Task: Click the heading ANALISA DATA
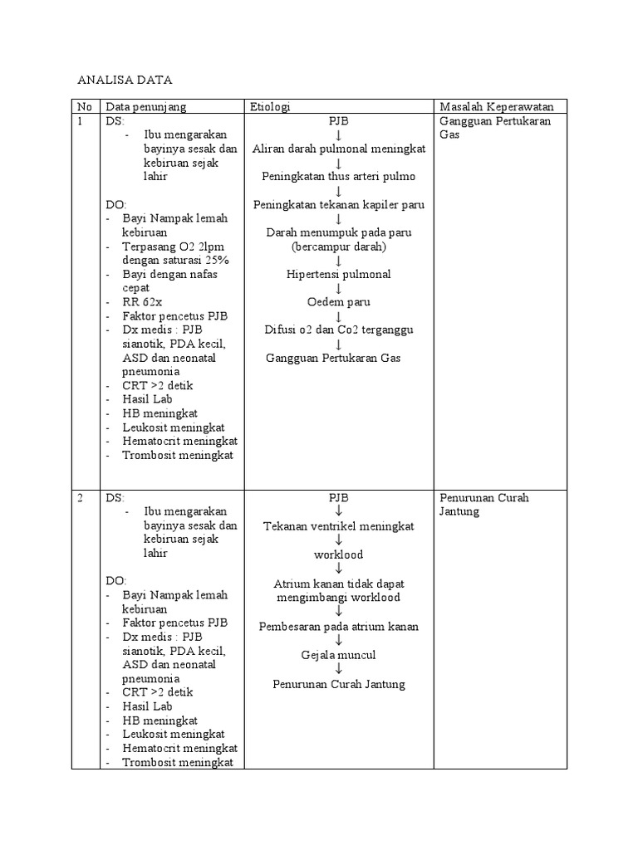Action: [x=124, y=81]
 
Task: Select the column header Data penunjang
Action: [x=145, y=106]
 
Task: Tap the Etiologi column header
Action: [x=270, y=106]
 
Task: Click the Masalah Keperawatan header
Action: [x=503, y=106]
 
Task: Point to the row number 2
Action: [x=81, y=498]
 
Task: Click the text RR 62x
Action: [x=142, y=302]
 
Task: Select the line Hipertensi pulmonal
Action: [x=338, y=274]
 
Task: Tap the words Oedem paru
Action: [x=338, y=302]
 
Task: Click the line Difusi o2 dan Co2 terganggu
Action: [x=338, y=330]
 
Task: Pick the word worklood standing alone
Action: [x=338, y=554]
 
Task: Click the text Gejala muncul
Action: [x=338, y=655]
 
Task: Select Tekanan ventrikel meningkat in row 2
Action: [x=338, y=526]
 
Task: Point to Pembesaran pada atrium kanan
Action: [x=338, y=627]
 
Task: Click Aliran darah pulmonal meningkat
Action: [x=338, y=149]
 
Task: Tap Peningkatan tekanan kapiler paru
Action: [x=338, y=204]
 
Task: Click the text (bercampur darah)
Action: [x=338, y=247]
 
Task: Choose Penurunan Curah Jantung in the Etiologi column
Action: [x=338, y=684]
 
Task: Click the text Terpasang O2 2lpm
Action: [x=173, y=247]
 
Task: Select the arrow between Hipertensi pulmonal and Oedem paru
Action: [x=338, y=288]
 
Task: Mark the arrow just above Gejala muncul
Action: [x=338, y=641]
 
